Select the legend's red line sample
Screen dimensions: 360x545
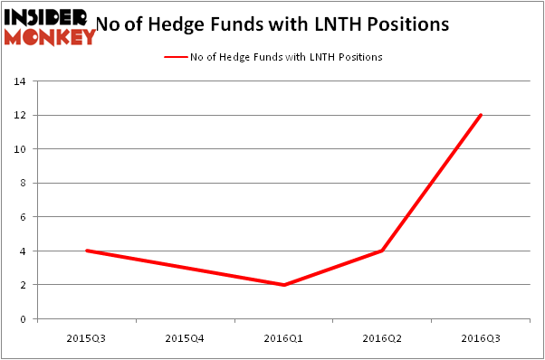pos(175,57)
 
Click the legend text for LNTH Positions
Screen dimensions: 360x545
pos(286,57)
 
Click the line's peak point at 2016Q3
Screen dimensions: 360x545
pos(481,115)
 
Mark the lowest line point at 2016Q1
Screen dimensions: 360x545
pos(283,285)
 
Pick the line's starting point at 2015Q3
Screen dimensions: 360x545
pos(86,251)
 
